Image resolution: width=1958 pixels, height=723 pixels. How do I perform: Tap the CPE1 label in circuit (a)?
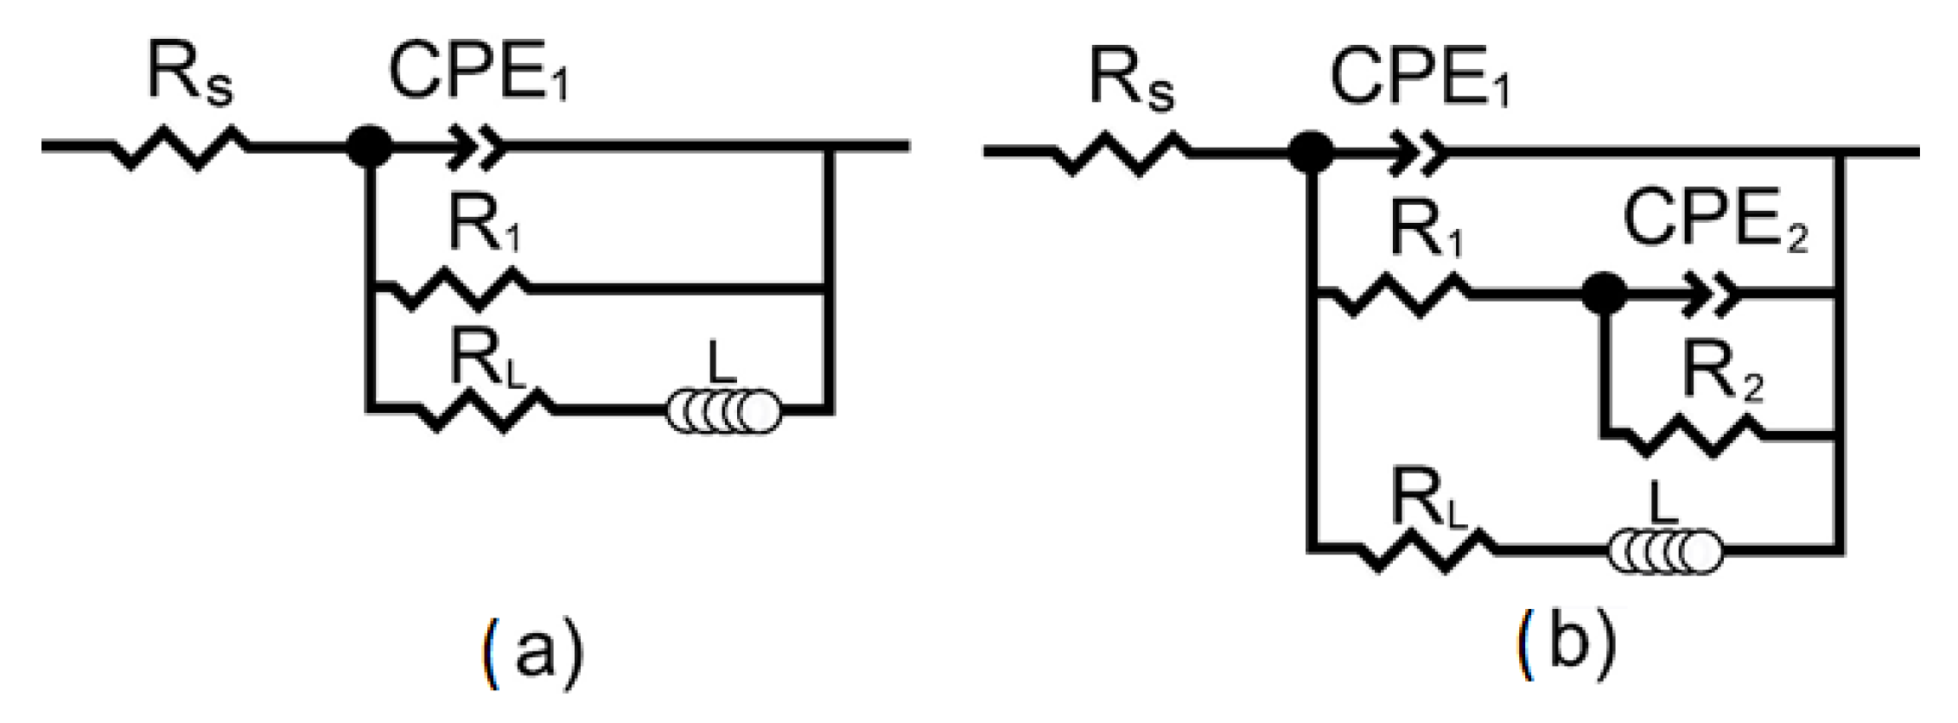[477, 73]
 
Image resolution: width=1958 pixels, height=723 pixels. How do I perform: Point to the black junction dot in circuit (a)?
[369, 147]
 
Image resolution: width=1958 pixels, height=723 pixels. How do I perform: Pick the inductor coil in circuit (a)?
[723, 412]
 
